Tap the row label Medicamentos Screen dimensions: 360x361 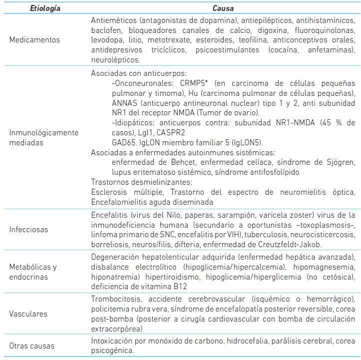(x=34, y=40)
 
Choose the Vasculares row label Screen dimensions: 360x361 (x=28, y=314)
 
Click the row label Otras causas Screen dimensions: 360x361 (x=32, y=346)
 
